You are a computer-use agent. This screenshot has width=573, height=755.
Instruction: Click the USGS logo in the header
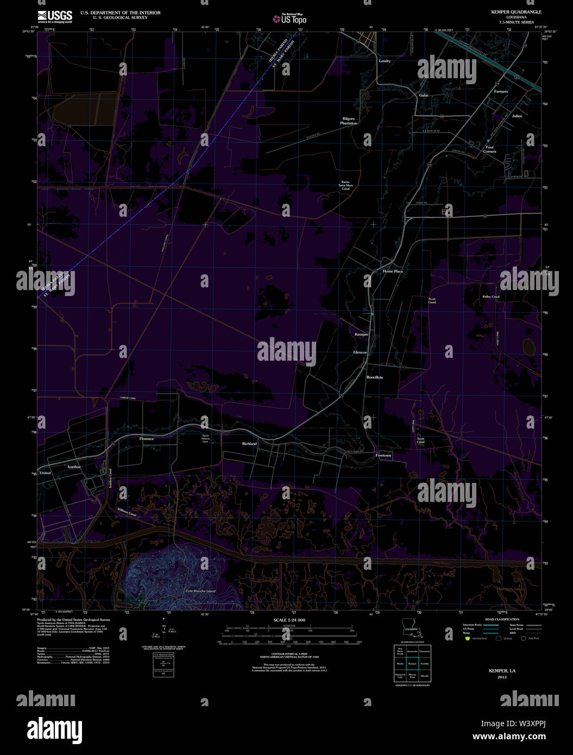pos(55,16)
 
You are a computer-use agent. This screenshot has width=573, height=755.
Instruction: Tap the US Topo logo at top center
pos(291,20)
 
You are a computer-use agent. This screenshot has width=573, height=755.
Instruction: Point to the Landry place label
pos(385,61)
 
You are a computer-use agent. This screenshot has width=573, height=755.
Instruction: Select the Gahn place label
pos(423,95)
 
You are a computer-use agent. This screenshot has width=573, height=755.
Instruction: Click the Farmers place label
pos(501,91)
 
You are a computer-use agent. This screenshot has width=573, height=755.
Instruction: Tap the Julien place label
pos(517,116)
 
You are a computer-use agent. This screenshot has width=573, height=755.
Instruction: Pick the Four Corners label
pos(489,149)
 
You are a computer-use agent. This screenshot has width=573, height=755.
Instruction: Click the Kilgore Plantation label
pos(349,121)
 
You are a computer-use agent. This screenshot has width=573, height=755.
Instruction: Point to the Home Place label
pos(393,271)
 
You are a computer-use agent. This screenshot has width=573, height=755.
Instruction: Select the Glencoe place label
pos(360,353)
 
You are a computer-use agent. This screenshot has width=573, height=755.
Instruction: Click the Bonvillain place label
pos(374,377)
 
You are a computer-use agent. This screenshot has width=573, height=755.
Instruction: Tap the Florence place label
pos(147,438)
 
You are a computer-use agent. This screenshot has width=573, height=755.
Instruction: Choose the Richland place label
pos(249,444)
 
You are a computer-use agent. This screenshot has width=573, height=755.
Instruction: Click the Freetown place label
pos(383,455)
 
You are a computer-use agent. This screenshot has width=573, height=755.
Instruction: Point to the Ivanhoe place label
pos(74,467)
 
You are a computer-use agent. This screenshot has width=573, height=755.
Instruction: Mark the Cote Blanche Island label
pos(200,591)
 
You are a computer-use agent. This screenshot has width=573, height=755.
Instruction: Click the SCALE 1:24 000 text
pos(289,620)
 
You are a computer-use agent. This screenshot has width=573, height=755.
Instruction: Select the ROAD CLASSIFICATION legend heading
pos(502,619)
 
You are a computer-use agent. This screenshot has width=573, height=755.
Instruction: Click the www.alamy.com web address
pos(509,737)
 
